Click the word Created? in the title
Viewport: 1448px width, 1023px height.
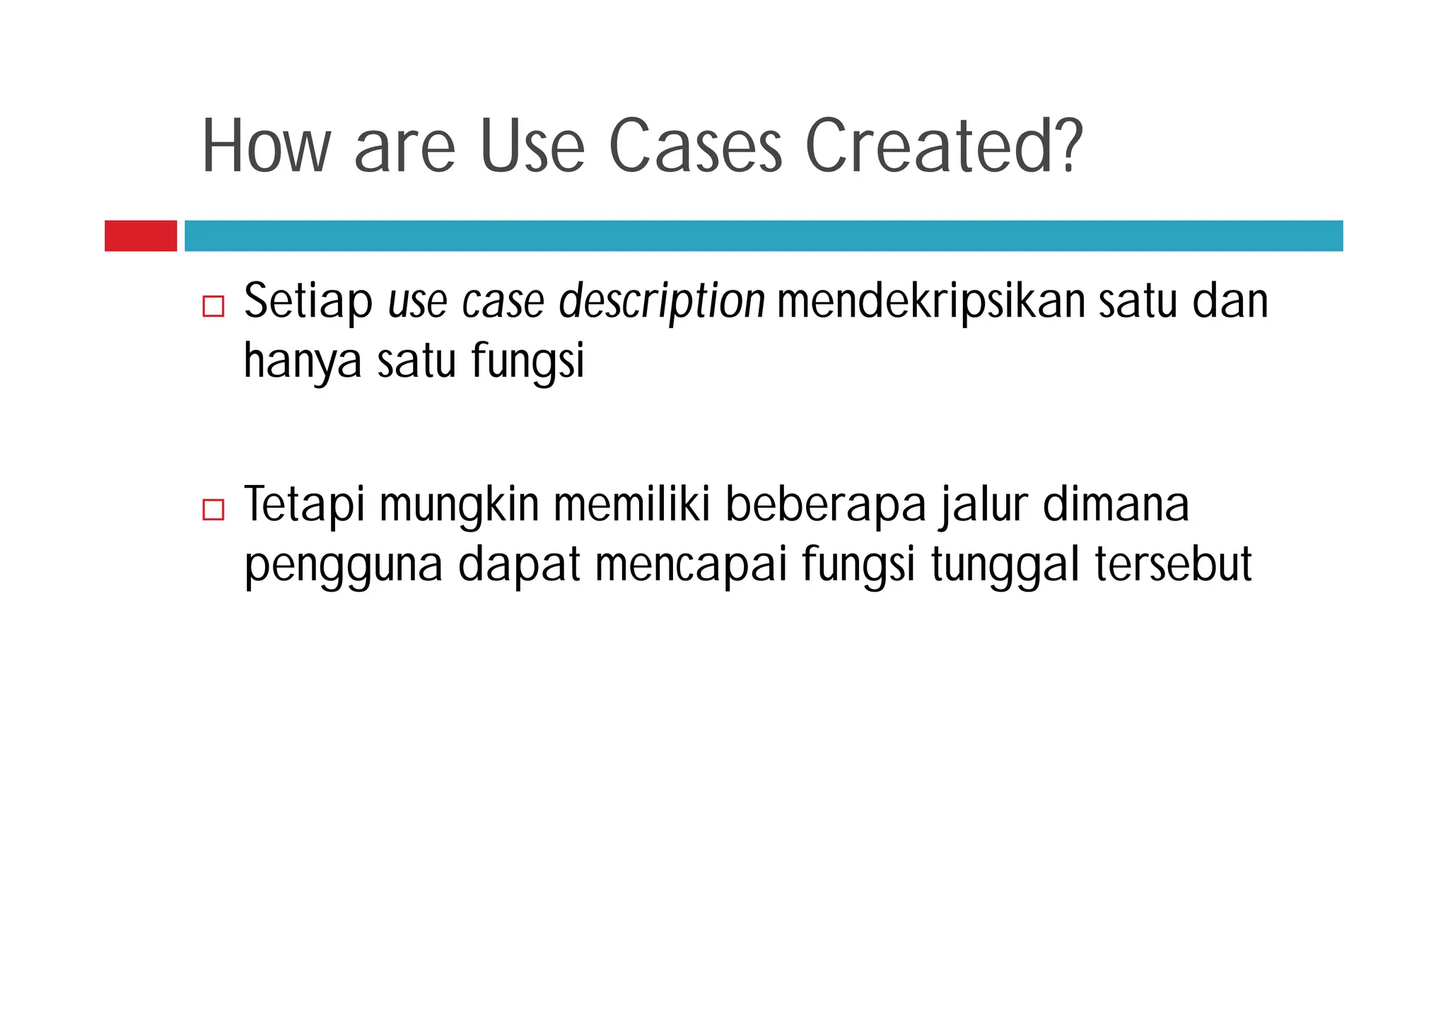click(x=943, y=146)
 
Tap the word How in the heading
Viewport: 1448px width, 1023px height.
click(x=267, y=146)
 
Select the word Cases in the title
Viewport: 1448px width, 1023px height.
click(x=695, y=146)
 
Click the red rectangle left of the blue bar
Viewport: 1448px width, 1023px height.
click(x=141, y=235)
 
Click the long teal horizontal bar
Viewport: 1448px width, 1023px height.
click(x=764, y=235)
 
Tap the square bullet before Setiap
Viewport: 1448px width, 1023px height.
click(x=213, y=306)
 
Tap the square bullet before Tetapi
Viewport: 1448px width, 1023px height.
click(x=213, y=509)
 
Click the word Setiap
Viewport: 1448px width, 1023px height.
click(x=308, y=303)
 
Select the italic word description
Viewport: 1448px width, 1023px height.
click(x=661, y=303)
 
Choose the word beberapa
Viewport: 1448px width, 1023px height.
click(x=825, y=506)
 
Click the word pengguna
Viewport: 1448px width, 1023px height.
click(x=343, y=566)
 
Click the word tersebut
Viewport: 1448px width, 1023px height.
click(x=1173, y=566)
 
